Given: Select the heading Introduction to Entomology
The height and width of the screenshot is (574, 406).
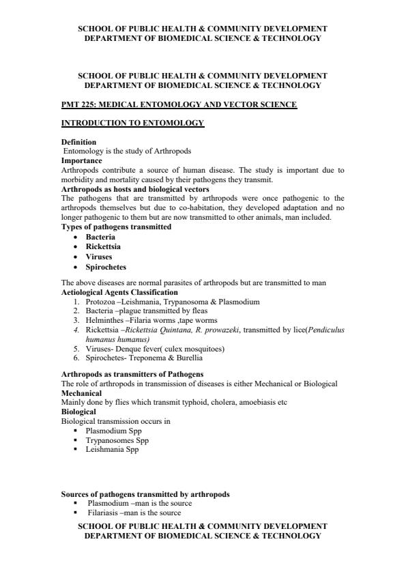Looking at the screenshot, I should pos(132,123).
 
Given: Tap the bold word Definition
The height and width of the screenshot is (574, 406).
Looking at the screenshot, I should pos(78,142).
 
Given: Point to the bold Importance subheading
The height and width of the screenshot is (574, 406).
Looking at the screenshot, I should pos(81,160).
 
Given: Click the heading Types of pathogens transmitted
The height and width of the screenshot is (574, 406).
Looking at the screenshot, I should pos(116,227).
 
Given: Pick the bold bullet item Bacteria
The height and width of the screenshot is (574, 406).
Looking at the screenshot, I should pos(100,237).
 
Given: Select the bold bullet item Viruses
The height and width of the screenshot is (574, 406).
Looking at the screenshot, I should pos(99,257).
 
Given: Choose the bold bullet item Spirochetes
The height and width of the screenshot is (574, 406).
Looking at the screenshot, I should pos(106,268).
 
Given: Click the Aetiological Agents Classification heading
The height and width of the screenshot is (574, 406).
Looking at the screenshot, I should pos(119,292).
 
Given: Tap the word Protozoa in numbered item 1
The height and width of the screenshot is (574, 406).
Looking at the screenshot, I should pos(100,301).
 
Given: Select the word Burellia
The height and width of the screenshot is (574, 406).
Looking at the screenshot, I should pos(187,358).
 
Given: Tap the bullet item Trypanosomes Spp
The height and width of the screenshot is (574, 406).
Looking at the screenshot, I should pos(117,440).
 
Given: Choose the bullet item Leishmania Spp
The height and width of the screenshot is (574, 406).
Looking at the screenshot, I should pos(112,450).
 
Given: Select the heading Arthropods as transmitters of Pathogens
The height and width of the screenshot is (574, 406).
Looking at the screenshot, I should pos(132,374).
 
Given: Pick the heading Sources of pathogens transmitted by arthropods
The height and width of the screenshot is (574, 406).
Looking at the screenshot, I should pos(145,494).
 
